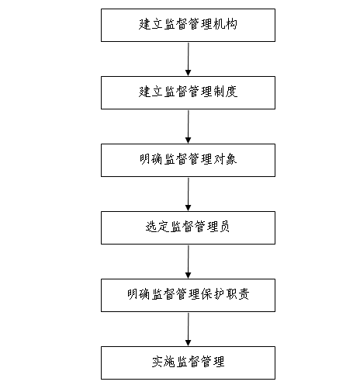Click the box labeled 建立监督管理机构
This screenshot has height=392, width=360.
tap(188, 25)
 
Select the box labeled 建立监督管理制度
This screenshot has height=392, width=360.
tap(188, 92)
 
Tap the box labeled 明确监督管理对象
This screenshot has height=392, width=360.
tap(188, 160)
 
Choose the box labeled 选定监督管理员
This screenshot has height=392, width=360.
tap(188, 227)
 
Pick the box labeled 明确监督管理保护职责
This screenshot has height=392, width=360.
tap(188, 295)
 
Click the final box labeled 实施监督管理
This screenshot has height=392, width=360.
tap(188, 363)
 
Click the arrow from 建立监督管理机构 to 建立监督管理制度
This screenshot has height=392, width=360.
tap(189, 59)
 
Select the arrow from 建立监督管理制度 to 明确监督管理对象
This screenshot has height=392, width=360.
tap(189, 127)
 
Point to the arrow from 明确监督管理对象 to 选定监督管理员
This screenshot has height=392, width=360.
tap(189, 194)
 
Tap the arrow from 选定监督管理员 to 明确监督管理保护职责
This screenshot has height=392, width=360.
tap(189, 262)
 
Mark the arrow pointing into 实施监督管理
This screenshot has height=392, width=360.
tap(189, 329)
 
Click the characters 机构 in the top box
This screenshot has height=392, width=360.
tap(225, 24)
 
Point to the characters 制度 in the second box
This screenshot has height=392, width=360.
tap(225, 92)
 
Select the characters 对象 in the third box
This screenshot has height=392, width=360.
tap(225, 159)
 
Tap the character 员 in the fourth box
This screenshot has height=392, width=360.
tap(224, 227)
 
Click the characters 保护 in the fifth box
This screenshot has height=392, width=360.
tap(213, 294)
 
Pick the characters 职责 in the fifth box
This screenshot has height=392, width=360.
tap(237, 294)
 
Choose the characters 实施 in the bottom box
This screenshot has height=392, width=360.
tap(164, 362)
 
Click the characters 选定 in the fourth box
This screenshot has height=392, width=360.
tap(157, 227)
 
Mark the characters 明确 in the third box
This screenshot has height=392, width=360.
tap(151, 159)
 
